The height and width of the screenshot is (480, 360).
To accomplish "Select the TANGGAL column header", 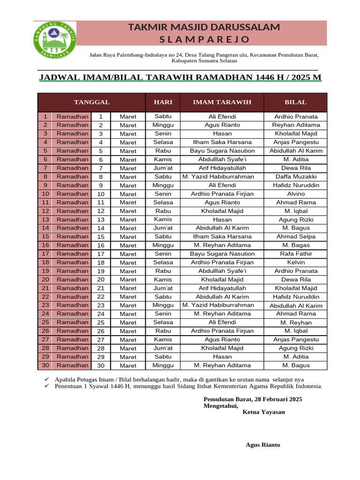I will point(91,102).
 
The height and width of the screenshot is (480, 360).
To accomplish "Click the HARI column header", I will point(163,102).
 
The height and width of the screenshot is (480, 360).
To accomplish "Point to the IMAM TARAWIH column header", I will point(222,102).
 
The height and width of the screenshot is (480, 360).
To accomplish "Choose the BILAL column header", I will point(296,102).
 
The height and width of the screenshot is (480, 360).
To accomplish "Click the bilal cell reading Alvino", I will point(296,194).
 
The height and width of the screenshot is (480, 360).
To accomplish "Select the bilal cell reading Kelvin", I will point(296,262).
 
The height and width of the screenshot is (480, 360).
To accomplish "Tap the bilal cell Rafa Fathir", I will point(296,254).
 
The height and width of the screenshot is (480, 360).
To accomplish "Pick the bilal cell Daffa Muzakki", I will point(296,177).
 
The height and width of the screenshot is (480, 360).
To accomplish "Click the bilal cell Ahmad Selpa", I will point(296,237).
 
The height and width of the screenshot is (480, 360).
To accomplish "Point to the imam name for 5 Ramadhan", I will point(222,151).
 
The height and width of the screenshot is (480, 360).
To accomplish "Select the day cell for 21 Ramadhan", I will point(163,288).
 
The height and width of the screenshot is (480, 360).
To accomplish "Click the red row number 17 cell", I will point(45,254).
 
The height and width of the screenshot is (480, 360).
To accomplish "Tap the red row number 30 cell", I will point(45,365).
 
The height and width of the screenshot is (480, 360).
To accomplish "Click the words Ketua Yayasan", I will point(263,412).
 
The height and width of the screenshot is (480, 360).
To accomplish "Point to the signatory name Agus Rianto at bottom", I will point(263,445).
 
